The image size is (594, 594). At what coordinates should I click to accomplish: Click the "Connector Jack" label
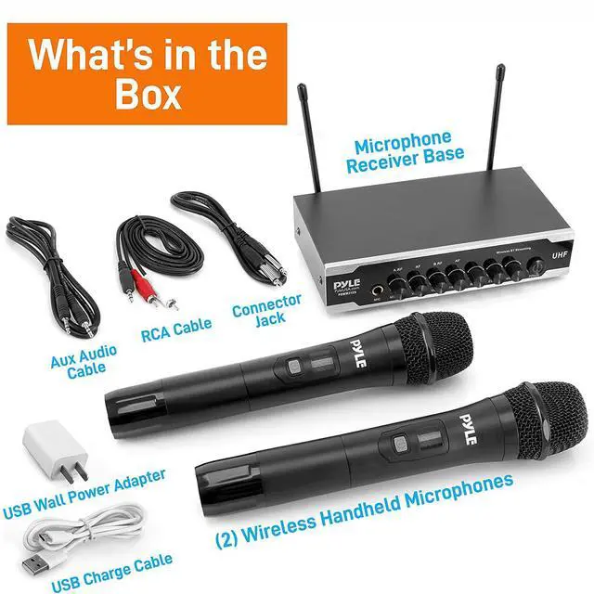click(267, 311)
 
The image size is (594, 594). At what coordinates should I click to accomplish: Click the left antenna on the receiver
click(303, 139)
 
